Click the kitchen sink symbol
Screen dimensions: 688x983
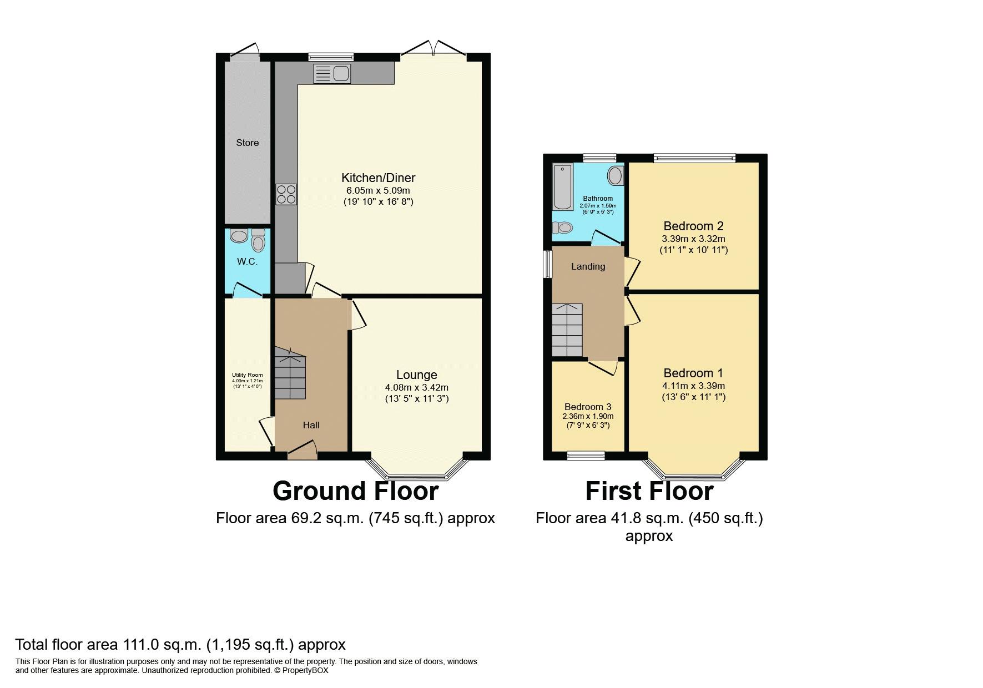point(332,74)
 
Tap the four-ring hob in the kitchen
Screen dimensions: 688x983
point(286,194)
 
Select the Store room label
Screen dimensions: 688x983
point(247,143)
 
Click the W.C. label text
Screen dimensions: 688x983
point(247,261)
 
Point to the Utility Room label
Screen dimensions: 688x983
point(247,376)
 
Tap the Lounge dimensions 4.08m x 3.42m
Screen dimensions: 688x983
point(416,387)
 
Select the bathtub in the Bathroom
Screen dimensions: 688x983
point(563,186)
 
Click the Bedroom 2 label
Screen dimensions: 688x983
point(693,226)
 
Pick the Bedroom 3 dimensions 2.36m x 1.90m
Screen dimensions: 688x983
point(588,416)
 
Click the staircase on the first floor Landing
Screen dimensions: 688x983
point(567,330)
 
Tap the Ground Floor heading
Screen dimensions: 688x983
point(355,491)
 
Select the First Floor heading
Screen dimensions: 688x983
point(649,491)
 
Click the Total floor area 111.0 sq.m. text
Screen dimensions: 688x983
point(180,644)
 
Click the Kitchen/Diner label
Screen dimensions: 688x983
point(378,178)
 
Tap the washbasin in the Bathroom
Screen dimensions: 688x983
point(615,176)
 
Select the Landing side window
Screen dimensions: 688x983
point(547,265)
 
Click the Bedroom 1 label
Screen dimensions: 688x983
point(693,373)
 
